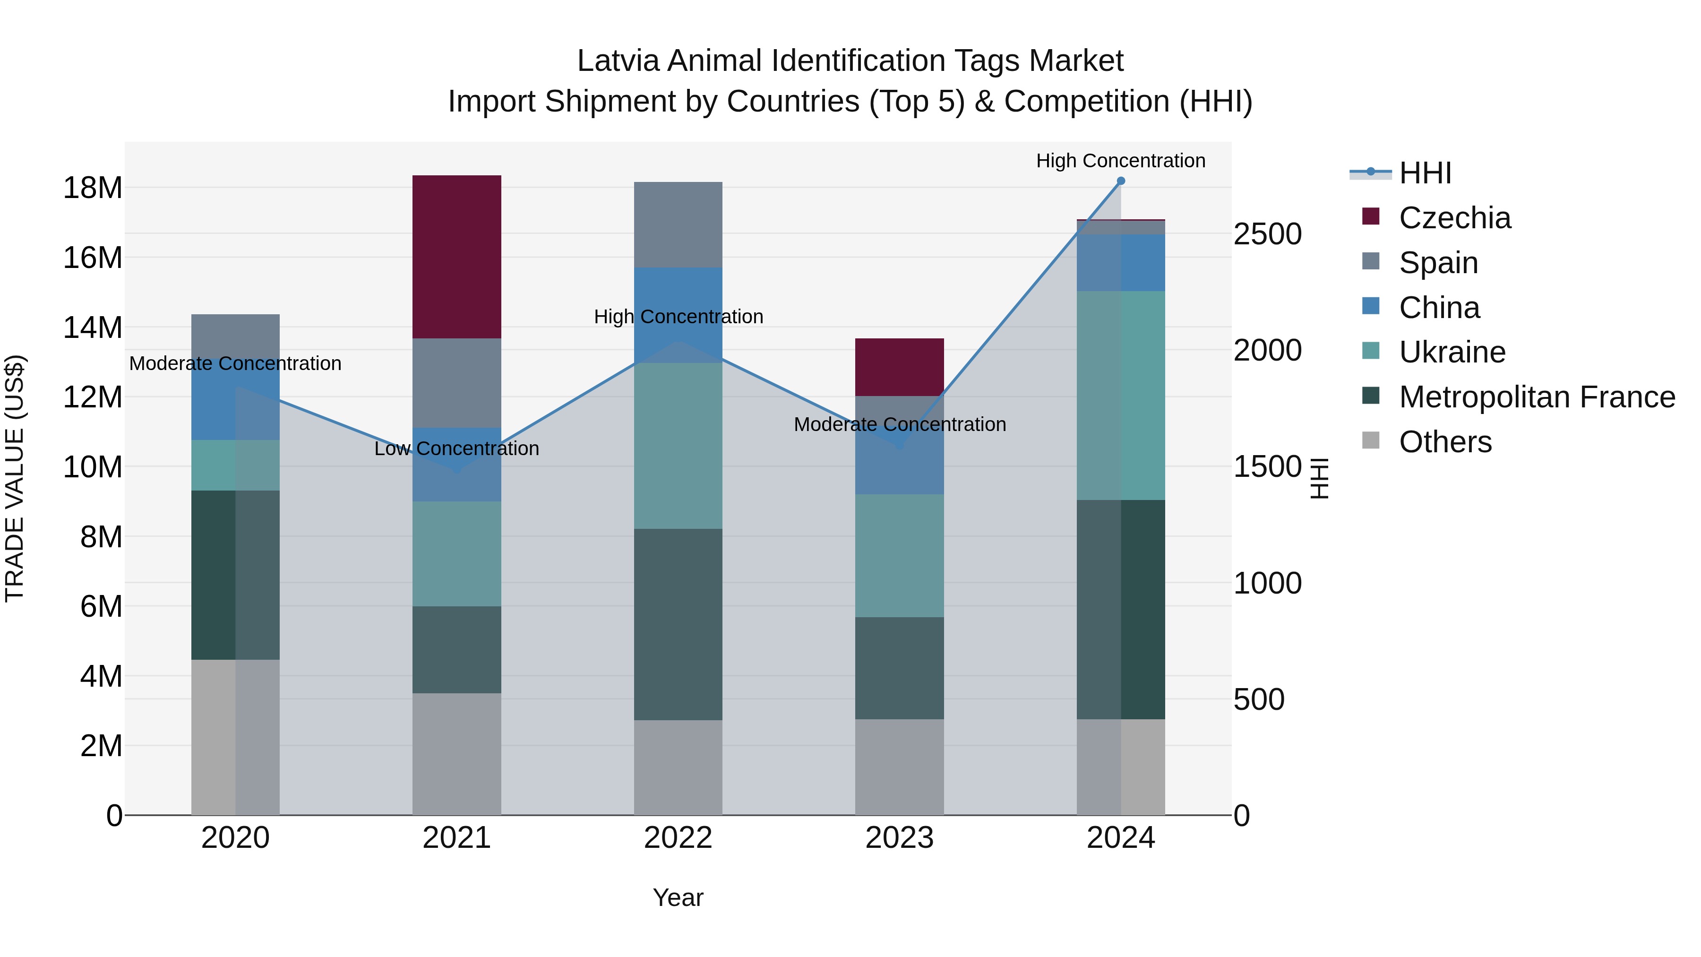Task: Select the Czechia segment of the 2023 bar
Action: coord(899,367)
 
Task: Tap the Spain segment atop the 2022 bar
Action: coord(678,224)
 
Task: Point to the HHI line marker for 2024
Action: coord(1121,181)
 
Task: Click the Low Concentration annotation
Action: coord(456,448)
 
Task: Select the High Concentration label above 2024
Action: coord(1121,161)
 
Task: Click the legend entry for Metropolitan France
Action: coord(1536,397)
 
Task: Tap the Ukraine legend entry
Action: coord(1452,352)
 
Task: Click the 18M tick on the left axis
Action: coord(93,188)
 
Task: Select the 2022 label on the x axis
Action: coord(678,838)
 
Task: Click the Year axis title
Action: coord(678,897)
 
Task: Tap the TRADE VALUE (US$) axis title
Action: coord(15,478)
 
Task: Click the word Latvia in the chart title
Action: coord(618,61)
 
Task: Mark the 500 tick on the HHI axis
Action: coord(1259,699)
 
